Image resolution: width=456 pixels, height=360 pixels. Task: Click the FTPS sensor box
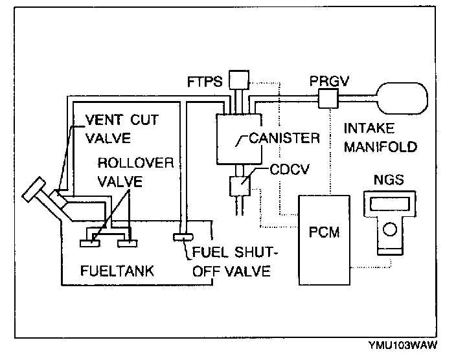tap(239, 80)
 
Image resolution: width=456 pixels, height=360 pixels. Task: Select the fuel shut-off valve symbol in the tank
tap(180, 237)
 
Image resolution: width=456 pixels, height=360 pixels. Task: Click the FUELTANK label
tap(117, 269)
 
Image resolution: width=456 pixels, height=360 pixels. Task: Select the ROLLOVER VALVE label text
tap(135, 171)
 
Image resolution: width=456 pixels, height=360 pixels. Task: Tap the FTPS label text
tap(205, 82)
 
